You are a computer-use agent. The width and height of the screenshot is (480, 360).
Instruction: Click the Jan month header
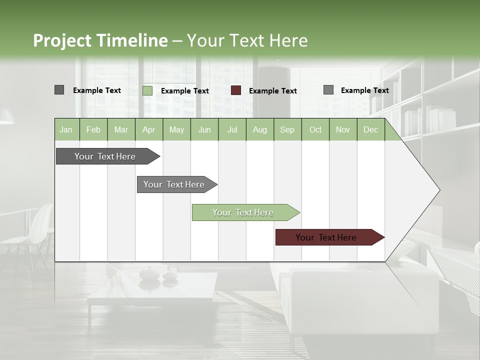[x=66, y=130]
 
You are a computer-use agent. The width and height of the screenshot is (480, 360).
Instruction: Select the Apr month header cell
[x=148, y=130]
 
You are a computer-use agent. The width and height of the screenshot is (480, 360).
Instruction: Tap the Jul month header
[x=232, y=130]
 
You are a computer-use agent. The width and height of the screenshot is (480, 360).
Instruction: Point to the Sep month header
[x=287, y=130]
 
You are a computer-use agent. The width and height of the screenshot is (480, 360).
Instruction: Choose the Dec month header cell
[x=370, y=130]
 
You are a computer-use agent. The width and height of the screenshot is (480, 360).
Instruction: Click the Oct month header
[x=315, y=130]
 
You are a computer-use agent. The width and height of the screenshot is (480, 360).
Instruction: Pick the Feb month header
[x=93, y=130]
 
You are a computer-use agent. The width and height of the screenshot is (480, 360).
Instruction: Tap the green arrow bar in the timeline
[x=244, y=212]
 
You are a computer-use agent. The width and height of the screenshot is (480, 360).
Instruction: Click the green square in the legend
[x=147, y=90]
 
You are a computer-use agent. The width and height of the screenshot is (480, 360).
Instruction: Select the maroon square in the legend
[x=236, y=90]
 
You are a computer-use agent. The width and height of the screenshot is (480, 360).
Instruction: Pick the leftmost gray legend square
[x=59, y=90]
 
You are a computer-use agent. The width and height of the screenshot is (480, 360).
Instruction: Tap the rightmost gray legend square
[x=328, y=90]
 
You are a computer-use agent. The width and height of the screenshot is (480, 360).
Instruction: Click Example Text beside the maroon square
[x=273, y=91]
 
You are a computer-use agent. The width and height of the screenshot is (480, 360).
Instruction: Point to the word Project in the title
[x=62, y=40]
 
